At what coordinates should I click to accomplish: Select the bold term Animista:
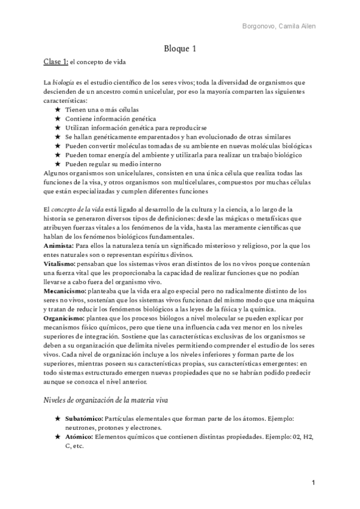point(58,246)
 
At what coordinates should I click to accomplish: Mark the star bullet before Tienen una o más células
point(57,110)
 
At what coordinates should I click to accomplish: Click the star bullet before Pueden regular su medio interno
point(57,164)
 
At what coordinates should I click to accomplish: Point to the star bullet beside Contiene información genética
point(57,119)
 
